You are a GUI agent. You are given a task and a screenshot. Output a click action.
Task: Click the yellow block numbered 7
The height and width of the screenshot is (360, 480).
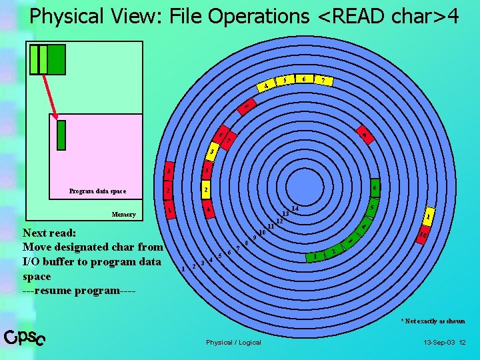tap(324, 81)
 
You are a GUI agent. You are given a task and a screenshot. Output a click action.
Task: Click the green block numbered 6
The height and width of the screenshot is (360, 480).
tap(375, 188)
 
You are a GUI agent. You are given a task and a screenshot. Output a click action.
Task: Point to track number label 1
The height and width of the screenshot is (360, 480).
tap(183, 269)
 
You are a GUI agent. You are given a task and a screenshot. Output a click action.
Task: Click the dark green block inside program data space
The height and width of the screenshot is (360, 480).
tap(61, 134)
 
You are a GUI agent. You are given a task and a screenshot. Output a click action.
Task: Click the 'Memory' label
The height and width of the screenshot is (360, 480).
tap(123, 215)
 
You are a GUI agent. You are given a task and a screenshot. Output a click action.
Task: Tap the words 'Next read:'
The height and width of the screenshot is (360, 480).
tap(50, 234)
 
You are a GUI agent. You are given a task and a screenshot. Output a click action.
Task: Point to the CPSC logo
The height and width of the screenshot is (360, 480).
tap(25, 339)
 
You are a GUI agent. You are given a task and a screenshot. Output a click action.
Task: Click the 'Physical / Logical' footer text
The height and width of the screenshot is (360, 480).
tap(233, 343)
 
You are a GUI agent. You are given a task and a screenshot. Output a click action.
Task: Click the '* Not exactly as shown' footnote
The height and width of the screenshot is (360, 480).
tap(433, 321)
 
